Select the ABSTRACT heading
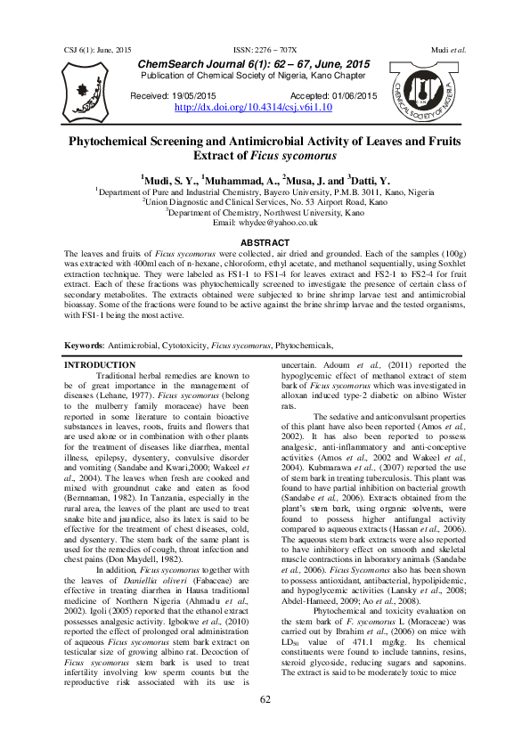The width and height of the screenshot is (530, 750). (x=265, y=243)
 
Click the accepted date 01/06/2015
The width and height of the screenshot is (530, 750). (x=347, y=95)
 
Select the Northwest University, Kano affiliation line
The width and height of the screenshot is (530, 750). (x=265, y=213)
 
